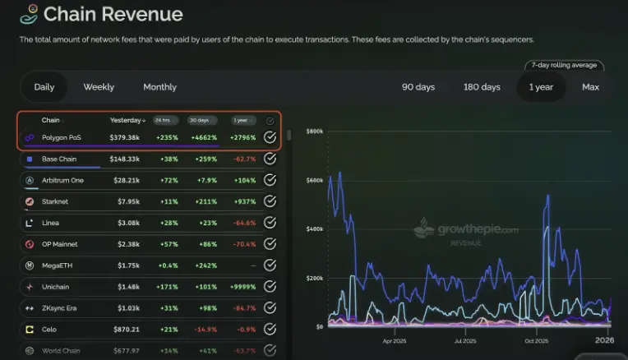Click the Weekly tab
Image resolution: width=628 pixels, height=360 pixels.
pos(99,87)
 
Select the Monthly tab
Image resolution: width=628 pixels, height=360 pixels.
pos(159,87)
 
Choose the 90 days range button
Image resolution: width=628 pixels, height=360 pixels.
pos(418,87)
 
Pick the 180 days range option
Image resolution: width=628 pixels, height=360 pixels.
pos(482,87)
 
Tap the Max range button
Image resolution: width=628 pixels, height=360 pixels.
pos(590,87)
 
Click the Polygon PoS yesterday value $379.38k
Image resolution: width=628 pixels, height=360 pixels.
pos(125,137)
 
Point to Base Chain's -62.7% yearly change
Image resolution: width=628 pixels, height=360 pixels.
pos(243,159)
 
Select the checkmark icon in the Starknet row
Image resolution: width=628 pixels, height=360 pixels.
pos(270,201)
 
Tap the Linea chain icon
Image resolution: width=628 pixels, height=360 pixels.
pos(29,223)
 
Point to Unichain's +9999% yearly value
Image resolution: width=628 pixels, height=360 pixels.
pos(243,287)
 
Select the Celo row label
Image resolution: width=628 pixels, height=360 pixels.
pos(50,330)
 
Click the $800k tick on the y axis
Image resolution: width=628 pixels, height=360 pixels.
pos(313,132)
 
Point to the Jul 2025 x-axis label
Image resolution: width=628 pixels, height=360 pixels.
pos(465,340)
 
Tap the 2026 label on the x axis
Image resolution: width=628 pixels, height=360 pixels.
pos(604,339)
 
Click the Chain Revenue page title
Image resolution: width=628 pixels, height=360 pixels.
pos(113,14)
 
